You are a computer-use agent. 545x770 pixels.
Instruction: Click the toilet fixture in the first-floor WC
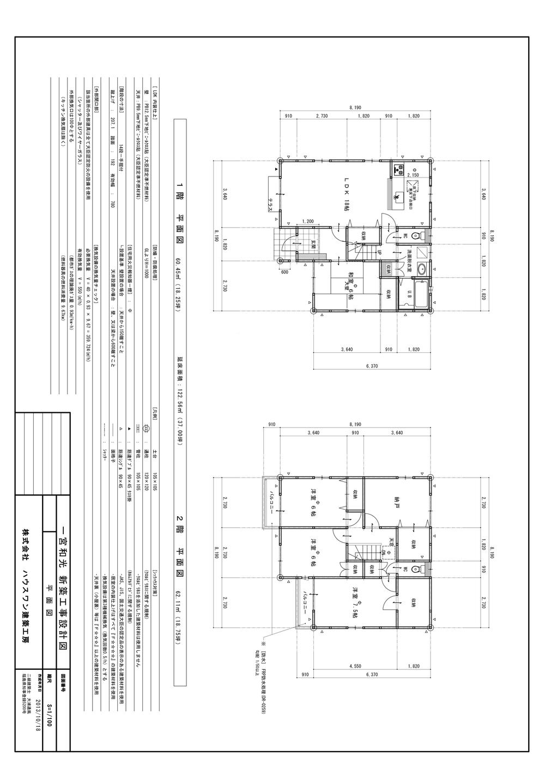tap(416, 236)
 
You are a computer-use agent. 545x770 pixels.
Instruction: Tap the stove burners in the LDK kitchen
tap(401, 168)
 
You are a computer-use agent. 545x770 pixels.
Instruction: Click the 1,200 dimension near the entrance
tap(308, 222)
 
